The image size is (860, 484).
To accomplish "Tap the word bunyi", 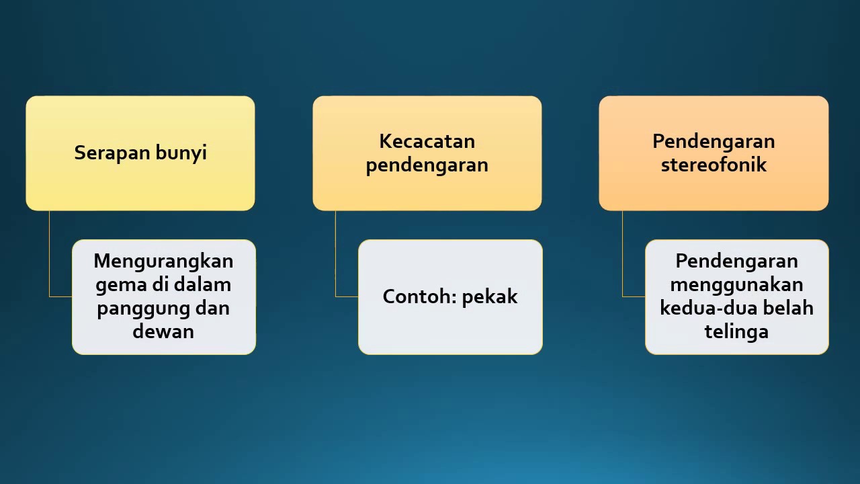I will [x=181, y=153].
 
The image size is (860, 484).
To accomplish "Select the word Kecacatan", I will [x=427, y=141].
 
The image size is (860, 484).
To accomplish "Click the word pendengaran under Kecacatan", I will [x=427, y=165].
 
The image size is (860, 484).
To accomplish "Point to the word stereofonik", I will [x=714, y=165].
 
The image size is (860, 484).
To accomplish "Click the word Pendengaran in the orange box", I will [x=714, y=141].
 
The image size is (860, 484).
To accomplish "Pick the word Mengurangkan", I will [x=163, y=261].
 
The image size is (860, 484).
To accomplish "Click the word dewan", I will [x=163, y=331].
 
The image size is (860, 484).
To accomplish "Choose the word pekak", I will [x=490, y=296].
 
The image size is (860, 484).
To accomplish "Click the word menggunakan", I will [x=736, y=284].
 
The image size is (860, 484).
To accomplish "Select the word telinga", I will [x=736, y=331].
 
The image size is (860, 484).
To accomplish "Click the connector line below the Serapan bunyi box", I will [x=50, y=255].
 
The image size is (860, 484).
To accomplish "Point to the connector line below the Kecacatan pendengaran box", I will [x=336, y=255].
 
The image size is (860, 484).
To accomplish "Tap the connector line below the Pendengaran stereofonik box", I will [x=623, y=255].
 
